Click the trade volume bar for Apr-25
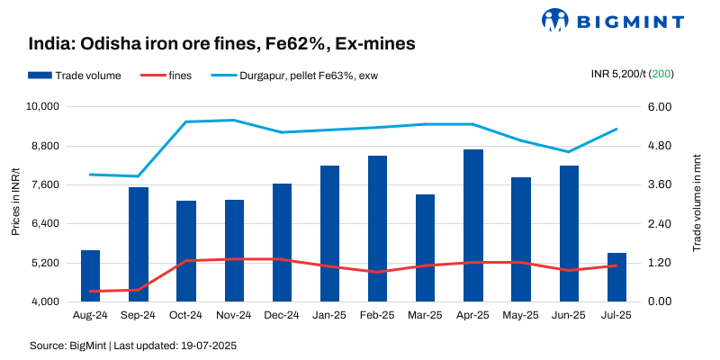473,225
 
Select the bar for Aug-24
90,275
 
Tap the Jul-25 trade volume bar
616,277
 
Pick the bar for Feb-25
377,229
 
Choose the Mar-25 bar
425,247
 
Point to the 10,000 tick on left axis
40,106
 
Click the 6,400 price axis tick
42,223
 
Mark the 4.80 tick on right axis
660,146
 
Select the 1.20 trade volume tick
660,263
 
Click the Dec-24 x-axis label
282,316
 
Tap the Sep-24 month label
138,316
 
